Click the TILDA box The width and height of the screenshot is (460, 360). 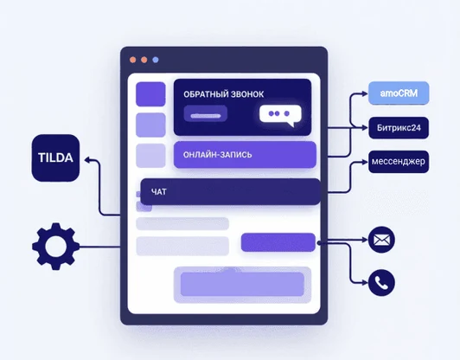(x=55, y=158)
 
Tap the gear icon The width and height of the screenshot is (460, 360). (x=55, y=246)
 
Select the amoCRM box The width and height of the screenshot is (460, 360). (x=399, y=93)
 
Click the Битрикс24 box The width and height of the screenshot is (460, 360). (x=399, y=128)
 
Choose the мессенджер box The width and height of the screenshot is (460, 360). (x=399, y=162)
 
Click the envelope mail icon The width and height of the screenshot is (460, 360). (x=381, y=240)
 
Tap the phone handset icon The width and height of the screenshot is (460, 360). (x=381, y=283)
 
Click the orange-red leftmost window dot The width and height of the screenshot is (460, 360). (x=133, y=60)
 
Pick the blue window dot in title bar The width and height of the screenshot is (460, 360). (x=156, y=60)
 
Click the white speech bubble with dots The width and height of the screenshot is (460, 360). (x=280, y=115)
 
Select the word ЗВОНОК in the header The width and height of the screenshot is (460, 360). (x=247, y=94)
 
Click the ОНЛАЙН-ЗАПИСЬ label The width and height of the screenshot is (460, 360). (x=217, y=155)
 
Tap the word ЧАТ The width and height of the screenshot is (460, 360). (x=159, y=192)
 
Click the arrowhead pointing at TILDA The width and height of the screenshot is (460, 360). (x=87, y=160)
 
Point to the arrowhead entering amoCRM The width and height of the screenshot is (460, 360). (x=365, y=93)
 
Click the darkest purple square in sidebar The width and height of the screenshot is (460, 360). (x=150, y=94)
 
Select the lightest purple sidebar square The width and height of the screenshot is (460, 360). (x=150, y=155)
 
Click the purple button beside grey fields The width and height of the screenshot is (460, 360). (x=278, y=242)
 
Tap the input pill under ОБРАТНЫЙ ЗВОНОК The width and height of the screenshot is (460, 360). (x=206, y=113)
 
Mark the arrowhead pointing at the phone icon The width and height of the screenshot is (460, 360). (x=365, y=283)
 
